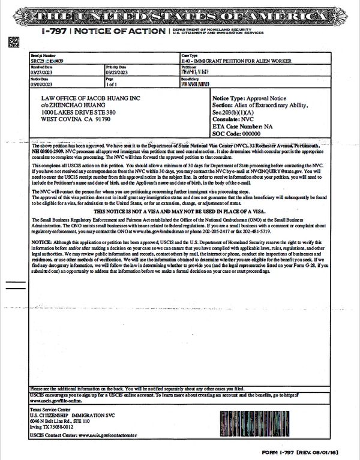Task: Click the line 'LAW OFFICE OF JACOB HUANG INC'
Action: (x=89, y=98)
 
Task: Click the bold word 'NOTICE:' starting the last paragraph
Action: (x=41, y=241)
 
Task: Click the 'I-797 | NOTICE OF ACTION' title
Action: (x=105, y=31)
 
